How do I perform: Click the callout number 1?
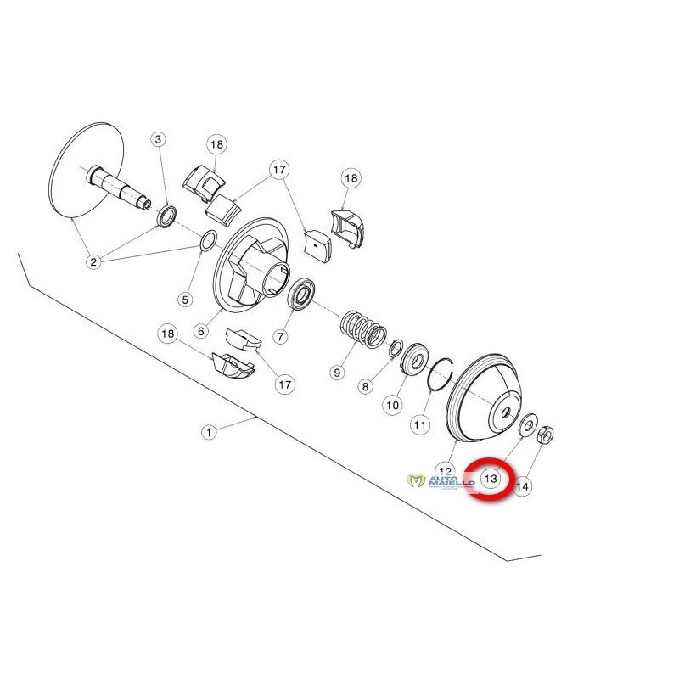click(210, 431)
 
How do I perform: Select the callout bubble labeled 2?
click(94, 261)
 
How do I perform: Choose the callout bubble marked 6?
click(201, 331)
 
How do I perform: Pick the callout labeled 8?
click(366, 386)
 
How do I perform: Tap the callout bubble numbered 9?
click(337, 372)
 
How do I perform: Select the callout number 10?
click(391, 406)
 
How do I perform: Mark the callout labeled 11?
click(420, 422)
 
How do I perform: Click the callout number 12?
click(445, 469)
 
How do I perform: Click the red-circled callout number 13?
click(491, 479)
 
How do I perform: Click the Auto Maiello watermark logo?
click(440, 482)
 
